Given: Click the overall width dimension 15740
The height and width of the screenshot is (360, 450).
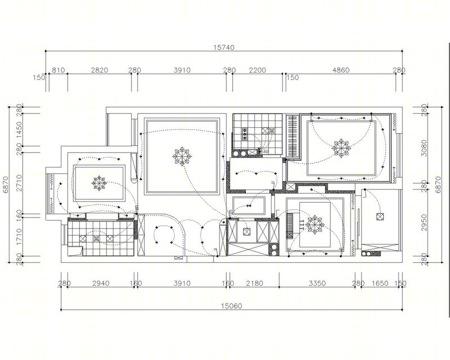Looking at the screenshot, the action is pyautogui.click(x=224, y=47).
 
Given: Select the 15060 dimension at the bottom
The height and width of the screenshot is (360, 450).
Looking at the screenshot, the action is pyautogui.click(x=231, y=306).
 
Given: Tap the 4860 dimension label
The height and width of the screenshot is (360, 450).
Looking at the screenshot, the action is pyautogui.click(x=341, y=70).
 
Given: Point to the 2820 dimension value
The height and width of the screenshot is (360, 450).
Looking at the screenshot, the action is pyautogui.click(x=100, y=70).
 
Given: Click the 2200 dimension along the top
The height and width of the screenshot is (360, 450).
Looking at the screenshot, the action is pyautogui.click(x=258, y=70).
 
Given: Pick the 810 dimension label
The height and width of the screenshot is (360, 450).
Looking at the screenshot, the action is pyautogui.click(x=58, y=70).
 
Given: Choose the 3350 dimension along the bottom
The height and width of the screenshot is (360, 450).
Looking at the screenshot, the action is pyautogui.click(x=317, y=283).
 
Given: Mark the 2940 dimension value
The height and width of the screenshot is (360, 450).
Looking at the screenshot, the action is pyautogui.click(x=101, y=283).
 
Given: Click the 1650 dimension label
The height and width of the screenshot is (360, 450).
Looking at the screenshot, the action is pyautogui.click(x=380, y=283).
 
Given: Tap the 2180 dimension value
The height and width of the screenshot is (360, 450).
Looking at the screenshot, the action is pyautogui.click(x=255, y=283).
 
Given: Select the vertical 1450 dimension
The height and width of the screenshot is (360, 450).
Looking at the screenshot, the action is pyautogui.click(x=19, y=130).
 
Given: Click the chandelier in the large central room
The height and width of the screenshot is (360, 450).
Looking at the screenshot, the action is pyautogui.click(x=182, y=156).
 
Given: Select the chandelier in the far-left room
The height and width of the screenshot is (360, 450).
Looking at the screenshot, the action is pyautogui.click(x=100, y=183).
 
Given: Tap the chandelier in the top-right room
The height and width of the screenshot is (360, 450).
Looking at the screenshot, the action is pyautogui.click(x=341, y=148).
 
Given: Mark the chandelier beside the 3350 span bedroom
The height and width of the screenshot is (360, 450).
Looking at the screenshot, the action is pyautogui.click(x=315, y=224).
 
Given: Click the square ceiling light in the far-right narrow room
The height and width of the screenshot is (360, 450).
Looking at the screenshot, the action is pyautogui.click(x=380, y=217).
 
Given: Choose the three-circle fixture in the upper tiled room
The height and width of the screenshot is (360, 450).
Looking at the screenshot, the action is pyautogui.click(x=245, y=134).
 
